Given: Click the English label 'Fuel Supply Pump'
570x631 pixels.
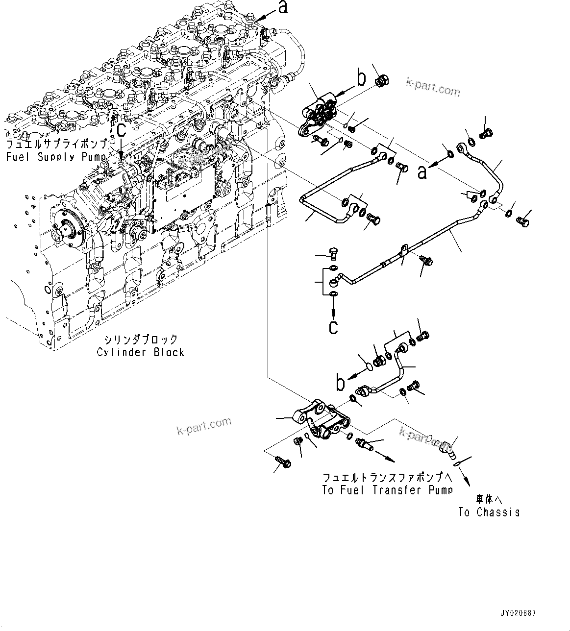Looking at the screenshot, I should [55, 157].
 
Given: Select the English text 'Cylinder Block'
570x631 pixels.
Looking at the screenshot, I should [140, 352].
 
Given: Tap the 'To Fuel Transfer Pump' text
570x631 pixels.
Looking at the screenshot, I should [387, 490].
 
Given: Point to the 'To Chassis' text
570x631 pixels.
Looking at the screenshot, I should [489, 512].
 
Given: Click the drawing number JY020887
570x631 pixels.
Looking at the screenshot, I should [518, 612].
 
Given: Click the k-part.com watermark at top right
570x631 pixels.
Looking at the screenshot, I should [433, 88].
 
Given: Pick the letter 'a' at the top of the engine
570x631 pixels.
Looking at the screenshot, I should [283, 7].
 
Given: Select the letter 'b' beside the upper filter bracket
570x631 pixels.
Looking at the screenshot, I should [361, 78].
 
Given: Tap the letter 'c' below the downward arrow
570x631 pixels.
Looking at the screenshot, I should [333, 327].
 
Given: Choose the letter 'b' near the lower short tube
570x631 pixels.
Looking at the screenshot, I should [340, 384].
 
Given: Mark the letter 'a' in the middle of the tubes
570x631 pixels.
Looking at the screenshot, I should [422, 171].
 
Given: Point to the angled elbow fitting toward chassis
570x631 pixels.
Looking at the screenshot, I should [447, 448].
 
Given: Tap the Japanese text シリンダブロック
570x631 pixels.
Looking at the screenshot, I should [140, 340].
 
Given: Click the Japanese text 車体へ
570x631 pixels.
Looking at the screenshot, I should [489, 499].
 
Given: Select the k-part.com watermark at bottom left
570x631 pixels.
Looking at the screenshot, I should [203, 426].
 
